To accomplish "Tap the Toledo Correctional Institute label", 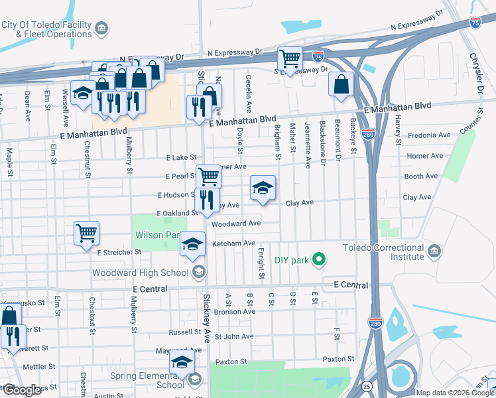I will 383,252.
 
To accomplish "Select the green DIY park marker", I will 319,259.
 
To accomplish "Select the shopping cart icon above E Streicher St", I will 86,233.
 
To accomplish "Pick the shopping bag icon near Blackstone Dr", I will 341,84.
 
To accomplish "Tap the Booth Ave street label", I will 421,176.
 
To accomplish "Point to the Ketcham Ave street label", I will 233,243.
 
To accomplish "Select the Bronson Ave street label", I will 234,311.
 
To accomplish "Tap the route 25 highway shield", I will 366,385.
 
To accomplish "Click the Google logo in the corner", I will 21,390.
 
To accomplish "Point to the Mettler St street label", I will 39,366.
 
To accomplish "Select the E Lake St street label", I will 181,157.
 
